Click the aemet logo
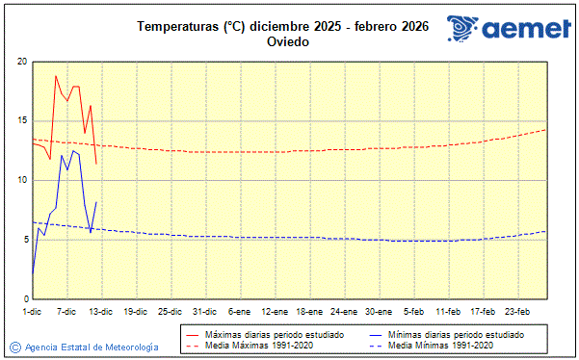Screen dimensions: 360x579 point(508,29)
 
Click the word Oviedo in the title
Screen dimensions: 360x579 point(289,42)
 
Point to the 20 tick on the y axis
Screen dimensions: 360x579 point(21,62)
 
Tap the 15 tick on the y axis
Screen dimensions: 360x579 point(21,121)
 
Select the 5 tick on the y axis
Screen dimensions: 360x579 point(24,240)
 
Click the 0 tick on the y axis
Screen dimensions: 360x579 point(24,298)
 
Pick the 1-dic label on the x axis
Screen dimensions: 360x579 point(32,312)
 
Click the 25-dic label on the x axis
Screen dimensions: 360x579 point(171,312)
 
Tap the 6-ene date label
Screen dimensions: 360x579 point(240,312)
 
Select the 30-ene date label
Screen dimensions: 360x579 point(379,312)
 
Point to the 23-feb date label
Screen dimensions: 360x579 point(517,312)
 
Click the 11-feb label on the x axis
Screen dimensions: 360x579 point(448,312)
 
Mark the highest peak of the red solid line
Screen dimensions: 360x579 point(56,75)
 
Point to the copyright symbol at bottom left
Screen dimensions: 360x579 point(14,347)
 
